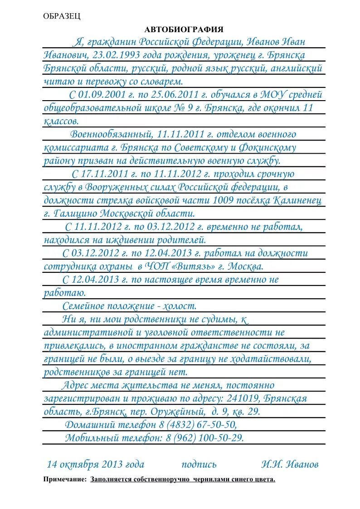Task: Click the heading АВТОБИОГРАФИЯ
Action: [184, 29]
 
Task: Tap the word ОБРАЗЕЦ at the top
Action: [62, 16]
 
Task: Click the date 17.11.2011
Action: [102, 174]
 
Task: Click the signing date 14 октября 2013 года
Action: [96, 464]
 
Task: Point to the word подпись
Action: [199, 464]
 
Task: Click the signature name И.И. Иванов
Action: [290, 464]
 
